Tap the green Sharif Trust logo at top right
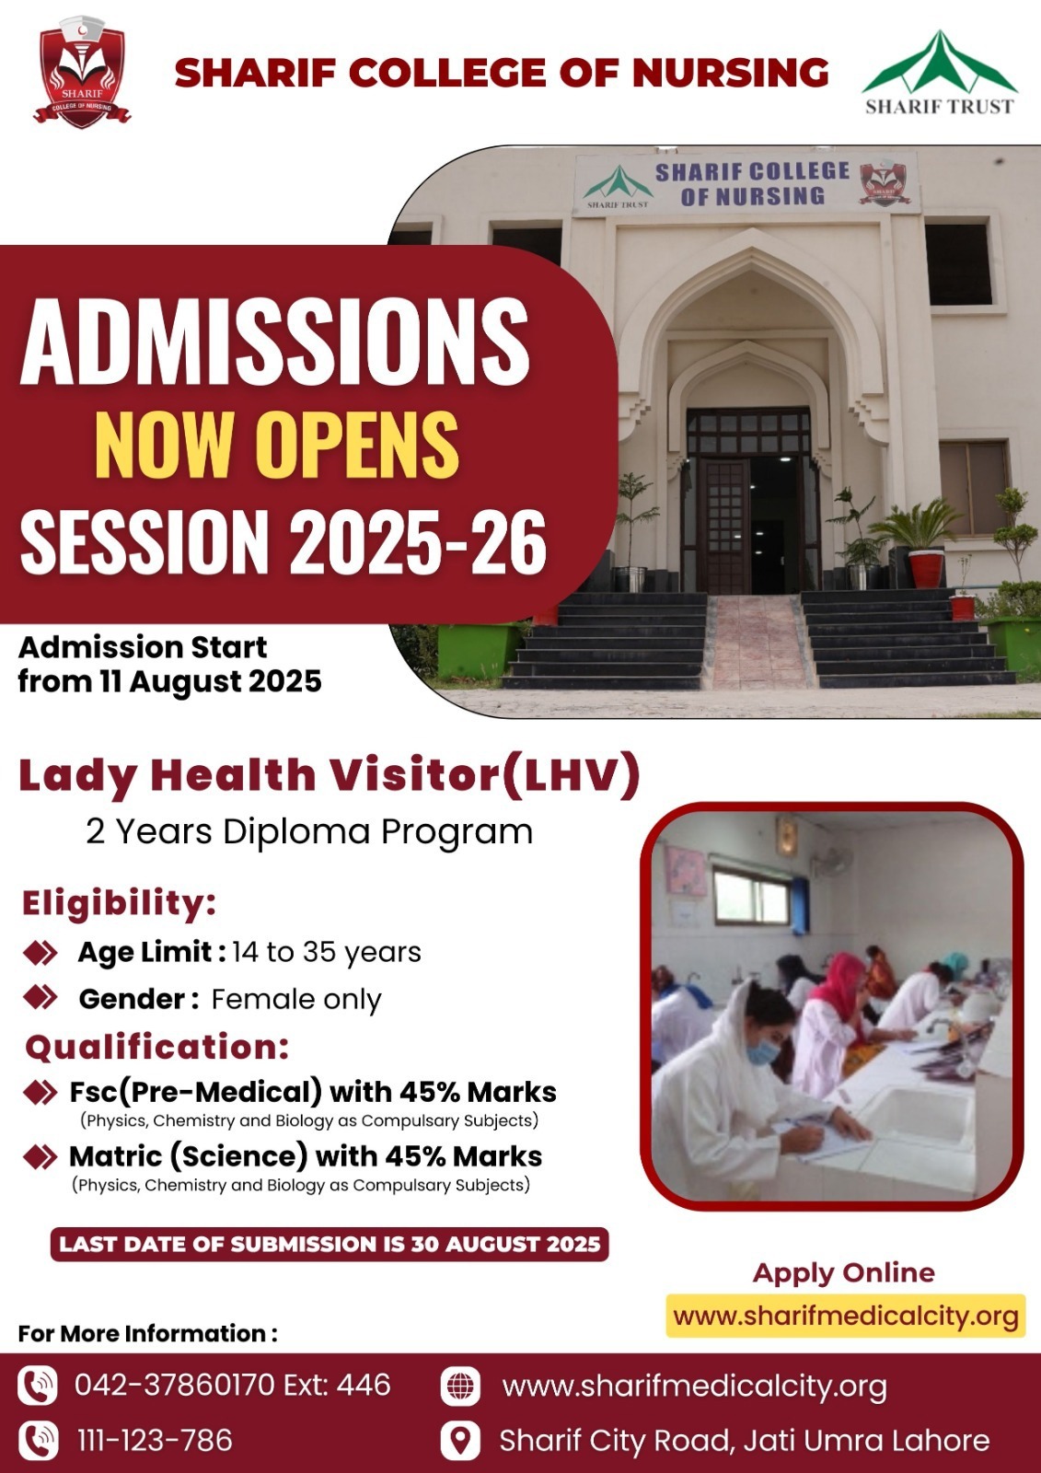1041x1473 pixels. [940, 73]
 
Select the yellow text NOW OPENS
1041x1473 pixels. [277, 445]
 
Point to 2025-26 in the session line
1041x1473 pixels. [418, 541]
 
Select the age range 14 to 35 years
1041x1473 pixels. [326, 952]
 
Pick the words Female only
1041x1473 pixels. [296, 999]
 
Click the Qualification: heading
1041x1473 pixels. [156, 1047]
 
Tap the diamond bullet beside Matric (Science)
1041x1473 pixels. [40, 1156]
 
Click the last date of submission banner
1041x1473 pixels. [330, 1244]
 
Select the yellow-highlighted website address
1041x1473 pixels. [846, 1316]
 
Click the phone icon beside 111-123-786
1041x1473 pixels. [38, 1440]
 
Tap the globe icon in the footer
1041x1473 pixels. [459, 1386]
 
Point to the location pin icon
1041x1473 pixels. [459, 1440]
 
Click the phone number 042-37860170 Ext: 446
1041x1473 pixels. [233, 1385]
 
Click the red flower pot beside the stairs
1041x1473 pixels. [927, 569]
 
